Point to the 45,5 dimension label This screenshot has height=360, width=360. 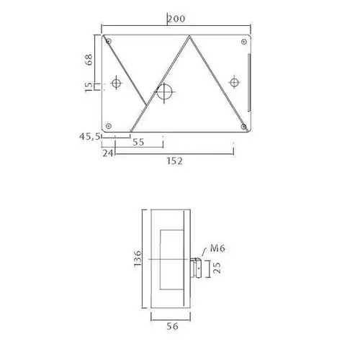90,135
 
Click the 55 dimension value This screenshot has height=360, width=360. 139,143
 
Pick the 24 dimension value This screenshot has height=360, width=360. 108,153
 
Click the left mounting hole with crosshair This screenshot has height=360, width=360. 114,84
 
